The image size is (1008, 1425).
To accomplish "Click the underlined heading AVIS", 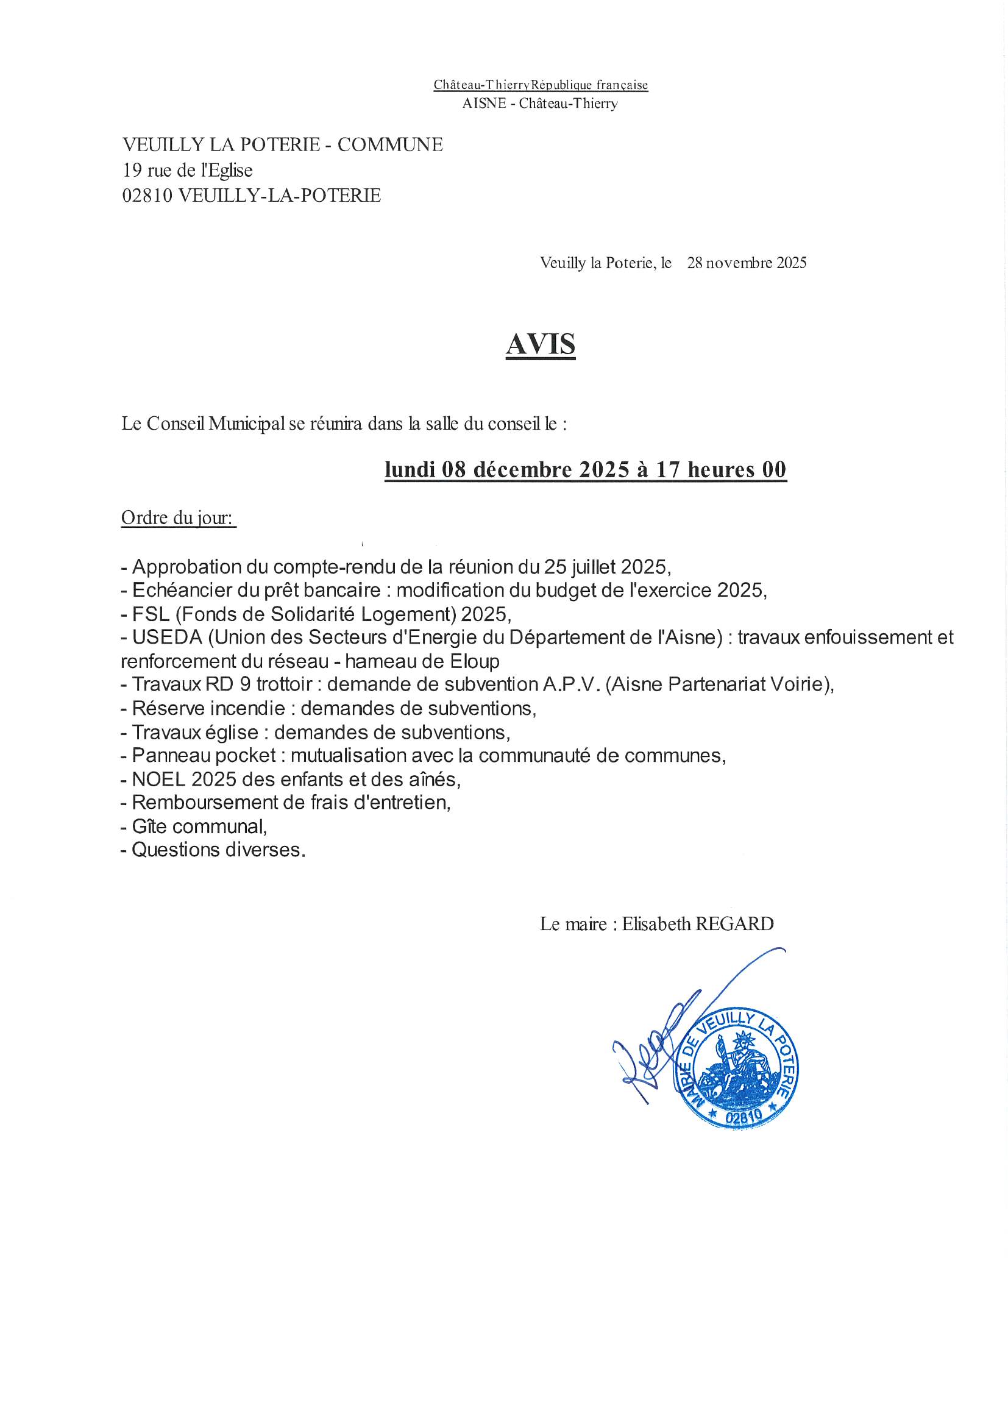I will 541,344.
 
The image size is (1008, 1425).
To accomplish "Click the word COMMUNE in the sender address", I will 390,144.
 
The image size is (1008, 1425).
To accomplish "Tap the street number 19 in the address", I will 132,170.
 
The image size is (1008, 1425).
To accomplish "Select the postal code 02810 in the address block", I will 147,196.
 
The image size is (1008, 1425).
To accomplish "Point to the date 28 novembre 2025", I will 747,263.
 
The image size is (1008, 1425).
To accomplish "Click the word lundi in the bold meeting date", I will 410,469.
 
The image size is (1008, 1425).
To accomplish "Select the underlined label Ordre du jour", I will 178,517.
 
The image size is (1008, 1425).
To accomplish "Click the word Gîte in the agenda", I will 146,826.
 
